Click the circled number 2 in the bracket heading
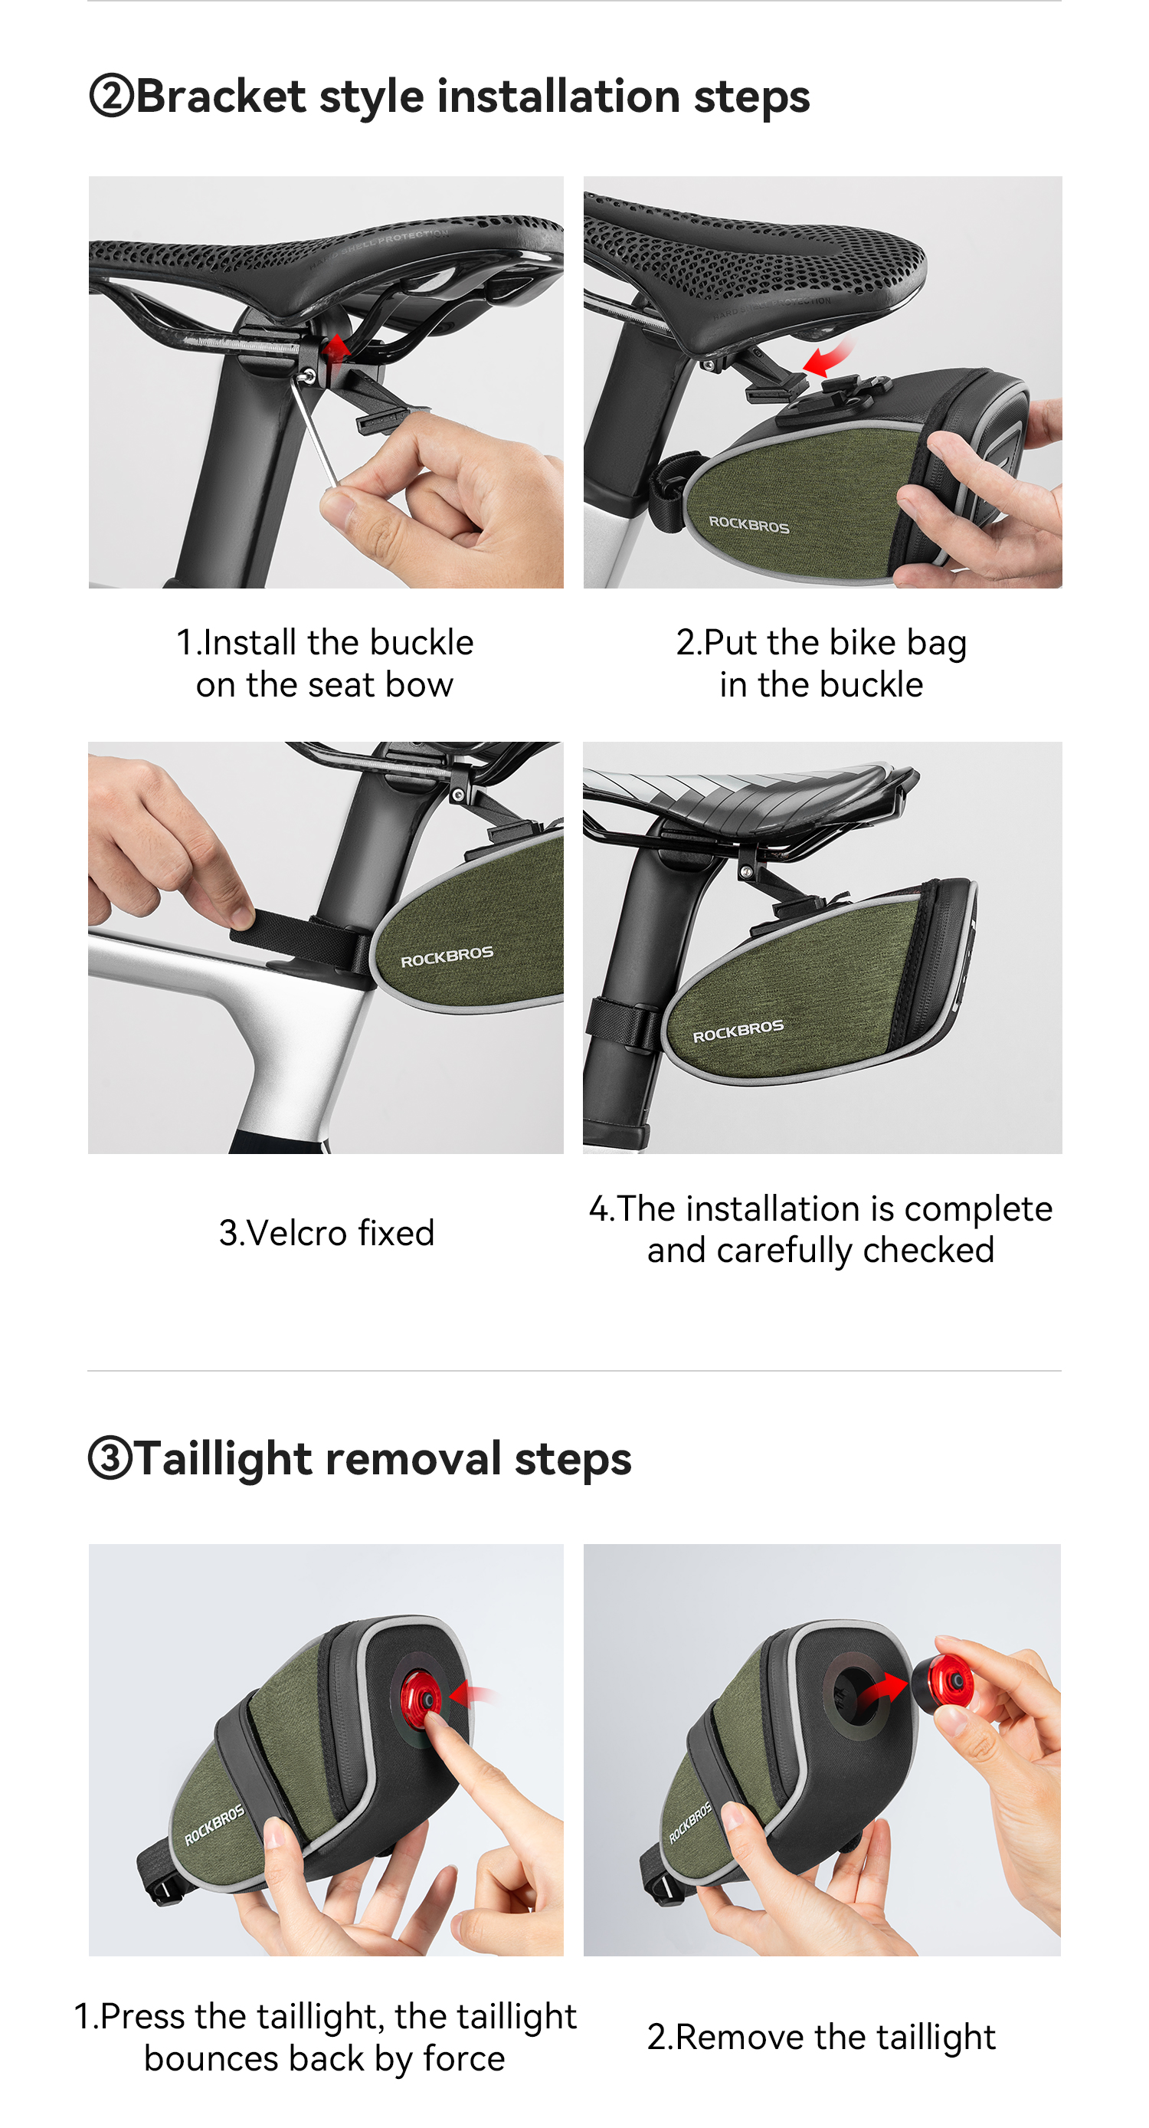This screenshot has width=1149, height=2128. (x=111, y=96)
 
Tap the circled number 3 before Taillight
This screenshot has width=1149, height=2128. (x=110, y=1458)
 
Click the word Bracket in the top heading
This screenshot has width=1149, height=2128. (x=221, y=96)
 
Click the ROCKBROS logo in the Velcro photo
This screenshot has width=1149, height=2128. (x=447, y=956)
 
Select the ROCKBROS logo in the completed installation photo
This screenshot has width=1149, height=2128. (x=738, y=1031)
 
